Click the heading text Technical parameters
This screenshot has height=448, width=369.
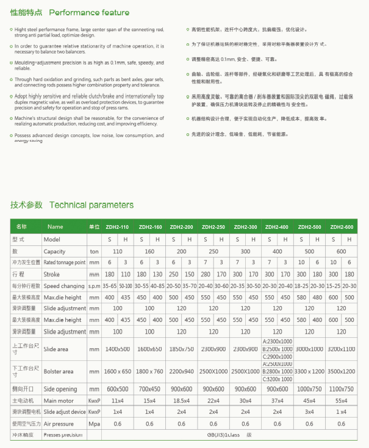coord(91,205)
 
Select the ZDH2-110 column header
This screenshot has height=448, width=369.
coord(118,227)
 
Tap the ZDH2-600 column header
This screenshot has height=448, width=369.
coord(342,227)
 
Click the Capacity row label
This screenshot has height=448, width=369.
coord(54,251)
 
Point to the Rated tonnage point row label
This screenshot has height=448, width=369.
coord(64,262)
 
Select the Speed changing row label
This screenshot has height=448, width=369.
coord(63,285)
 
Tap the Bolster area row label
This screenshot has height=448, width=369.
coord(59,371)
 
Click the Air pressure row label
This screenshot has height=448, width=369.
coord(59,424)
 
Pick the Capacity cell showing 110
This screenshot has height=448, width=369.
coord(118,251)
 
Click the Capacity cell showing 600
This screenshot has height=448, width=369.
coord(342,251)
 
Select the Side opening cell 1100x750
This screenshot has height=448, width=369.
coord(342,389)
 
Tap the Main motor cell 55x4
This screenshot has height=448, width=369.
coord(342,401)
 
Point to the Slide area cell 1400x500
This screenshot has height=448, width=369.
coord(118,349)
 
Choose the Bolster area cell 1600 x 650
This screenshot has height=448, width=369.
coord(118,371)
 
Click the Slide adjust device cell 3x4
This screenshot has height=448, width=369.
coord(309,412)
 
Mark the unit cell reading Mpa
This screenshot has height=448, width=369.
coord(94,424)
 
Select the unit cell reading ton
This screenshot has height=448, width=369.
coord(94,251)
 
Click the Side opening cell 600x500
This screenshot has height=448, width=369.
coord(118,389)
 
